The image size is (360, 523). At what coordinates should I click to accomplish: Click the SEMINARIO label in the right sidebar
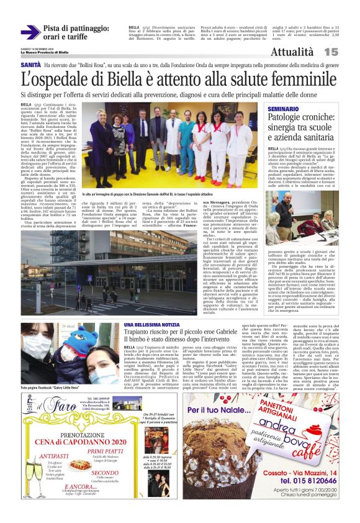point(285,109)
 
